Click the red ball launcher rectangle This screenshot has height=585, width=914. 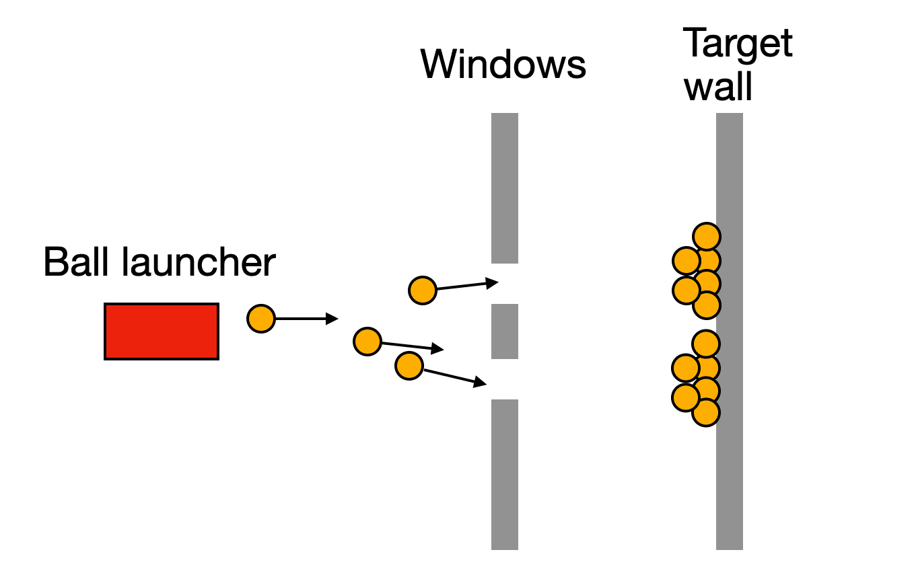click(162, 331)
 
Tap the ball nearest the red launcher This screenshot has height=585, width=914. click(261, 318)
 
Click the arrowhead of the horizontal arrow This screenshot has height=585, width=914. click(332, 318)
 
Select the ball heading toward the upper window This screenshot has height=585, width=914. click(423, 290)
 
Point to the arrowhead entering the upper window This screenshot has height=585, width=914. click(492, 283)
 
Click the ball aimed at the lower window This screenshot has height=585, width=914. click(409, 366)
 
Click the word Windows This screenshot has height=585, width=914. click(503, 65)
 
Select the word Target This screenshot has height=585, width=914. click(738, 44)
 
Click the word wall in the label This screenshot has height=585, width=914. click(718, 87)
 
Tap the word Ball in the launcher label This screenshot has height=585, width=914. click(76, 262)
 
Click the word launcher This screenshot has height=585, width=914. click(199, 262)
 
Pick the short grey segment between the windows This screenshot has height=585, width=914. click(505, 331)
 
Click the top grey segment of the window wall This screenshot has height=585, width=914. click(505, 188)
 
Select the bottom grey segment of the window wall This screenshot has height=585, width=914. click(505, 475)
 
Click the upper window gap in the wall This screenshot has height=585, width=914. click(505, 284)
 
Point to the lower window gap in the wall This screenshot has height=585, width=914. click(505, 379)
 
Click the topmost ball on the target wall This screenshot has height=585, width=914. click(707, 237)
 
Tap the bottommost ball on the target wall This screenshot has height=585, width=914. click(706, 413)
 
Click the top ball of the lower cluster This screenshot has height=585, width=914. click(706, 344)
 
